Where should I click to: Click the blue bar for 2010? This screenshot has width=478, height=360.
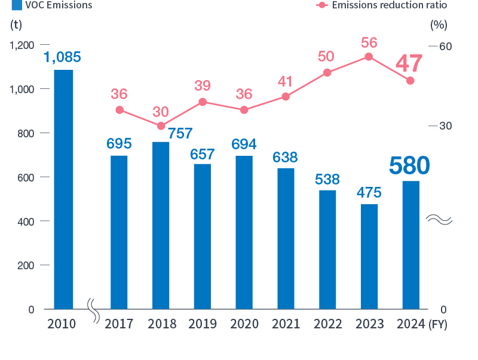[63, 189]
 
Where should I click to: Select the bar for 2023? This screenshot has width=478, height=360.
[369, 256]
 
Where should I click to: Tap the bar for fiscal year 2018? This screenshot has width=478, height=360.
[161, 225]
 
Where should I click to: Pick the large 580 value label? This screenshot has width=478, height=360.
[409, 166]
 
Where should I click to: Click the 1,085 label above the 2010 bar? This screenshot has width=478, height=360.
[62, 58]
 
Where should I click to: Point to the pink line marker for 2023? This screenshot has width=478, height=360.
[369, 57]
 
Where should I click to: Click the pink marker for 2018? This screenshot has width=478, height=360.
[161, 126]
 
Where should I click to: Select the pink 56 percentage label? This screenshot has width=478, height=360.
[369, 42]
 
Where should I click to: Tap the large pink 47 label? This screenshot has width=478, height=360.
[409, 63]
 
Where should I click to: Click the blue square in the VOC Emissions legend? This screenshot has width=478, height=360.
[17, 5]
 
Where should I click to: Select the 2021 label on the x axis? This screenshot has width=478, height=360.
[286, 324]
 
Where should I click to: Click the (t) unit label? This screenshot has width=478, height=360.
[16, 25]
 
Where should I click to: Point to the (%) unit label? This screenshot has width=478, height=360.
[439, 25]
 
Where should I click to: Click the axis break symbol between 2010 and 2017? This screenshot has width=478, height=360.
[93, 310]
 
